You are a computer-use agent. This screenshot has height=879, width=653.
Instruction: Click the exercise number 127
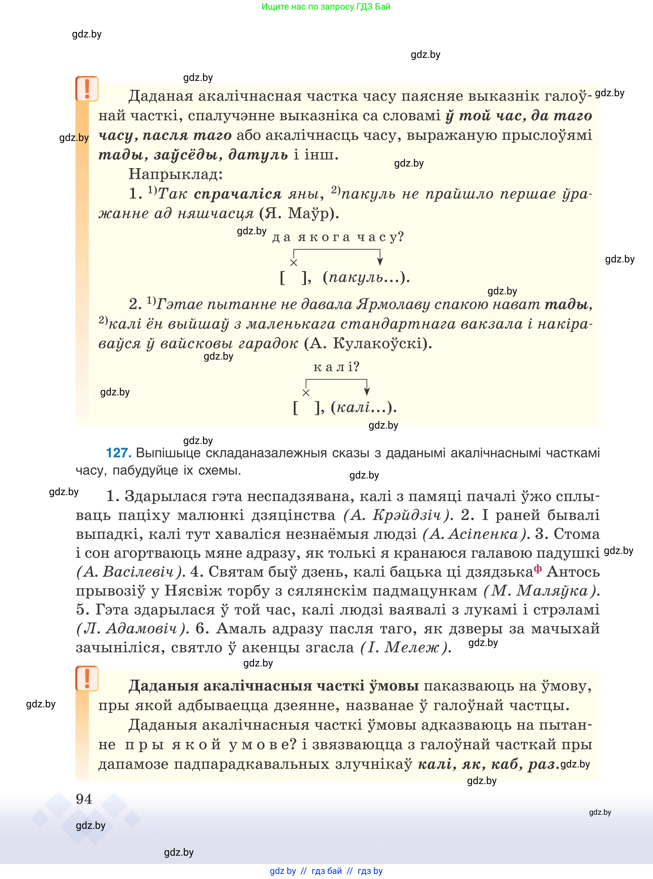point(118,453)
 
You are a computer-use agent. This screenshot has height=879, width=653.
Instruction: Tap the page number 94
point(84,799)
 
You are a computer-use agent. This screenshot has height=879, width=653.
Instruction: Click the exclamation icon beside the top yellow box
point(87,89)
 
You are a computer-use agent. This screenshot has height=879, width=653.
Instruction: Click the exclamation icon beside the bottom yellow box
point(87,679)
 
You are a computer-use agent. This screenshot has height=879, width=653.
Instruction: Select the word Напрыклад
point(175,174)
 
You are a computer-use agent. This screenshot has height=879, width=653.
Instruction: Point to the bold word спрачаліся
point(237,194)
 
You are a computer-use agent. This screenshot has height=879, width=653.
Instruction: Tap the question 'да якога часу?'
point(338,237)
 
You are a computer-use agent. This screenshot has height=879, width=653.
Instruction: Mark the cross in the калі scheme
point(306,393)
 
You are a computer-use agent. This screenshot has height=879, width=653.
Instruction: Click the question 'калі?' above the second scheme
point(336,367)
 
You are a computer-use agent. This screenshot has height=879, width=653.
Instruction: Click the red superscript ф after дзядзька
point(538,568)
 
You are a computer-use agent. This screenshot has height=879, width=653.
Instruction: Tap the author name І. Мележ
point(405,647)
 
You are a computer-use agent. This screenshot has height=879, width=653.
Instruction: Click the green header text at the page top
point(326,7)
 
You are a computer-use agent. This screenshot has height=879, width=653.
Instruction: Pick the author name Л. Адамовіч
point(131,628)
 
